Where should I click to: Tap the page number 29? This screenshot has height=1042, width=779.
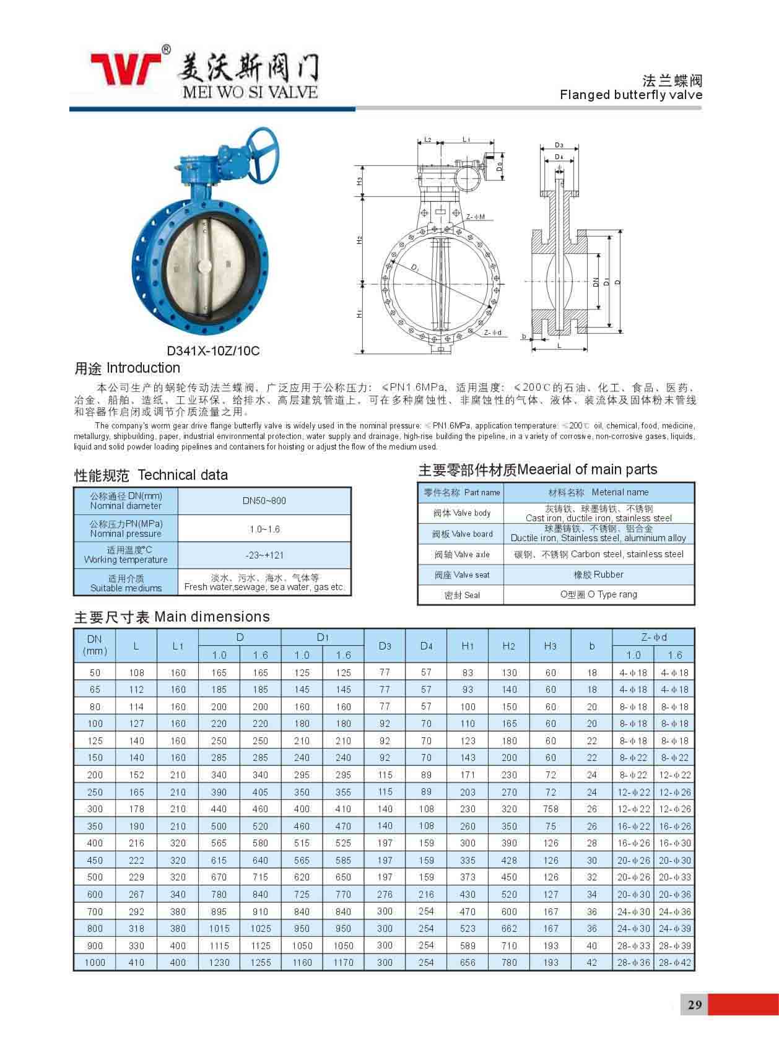pos(695,1004)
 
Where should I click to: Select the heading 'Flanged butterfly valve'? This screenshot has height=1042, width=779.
pos(631,95)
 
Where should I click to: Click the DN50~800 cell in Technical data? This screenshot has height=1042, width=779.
pos(264,501)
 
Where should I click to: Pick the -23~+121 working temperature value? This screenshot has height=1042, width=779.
pos(264,555)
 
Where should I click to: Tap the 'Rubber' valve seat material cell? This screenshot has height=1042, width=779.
pos(599,575)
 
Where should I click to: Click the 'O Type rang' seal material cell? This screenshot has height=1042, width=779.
pos(599,594)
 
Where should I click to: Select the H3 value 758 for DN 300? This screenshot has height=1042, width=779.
pos(551,809)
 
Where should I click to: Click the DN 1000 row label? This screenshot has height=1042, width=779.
pos(95,963)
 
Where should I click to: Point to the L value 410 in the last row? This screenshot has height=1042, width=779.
pos(136,963)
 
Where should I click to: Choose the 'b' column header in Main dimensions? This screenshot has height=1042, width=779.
pos(592,646)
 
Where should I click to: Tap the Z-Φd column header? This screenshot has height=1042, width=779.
pos(654,637)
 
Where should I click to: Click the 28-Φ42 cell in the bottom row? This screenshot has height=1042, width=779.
pos(675,963)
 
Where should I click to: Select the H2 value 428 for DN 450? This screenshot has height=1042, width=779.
pos(509,861)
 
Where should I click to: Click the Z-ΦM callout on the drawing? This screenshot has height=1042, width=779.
pos(476,217)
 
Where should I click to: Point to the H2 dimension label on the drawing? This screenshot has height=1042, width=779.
pos(360,240)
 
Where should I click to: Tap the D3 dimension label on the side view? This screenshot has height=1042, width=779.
pos(559,145)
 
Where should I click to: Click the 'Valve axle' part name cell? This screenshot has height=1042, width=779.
pos(462,555)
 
